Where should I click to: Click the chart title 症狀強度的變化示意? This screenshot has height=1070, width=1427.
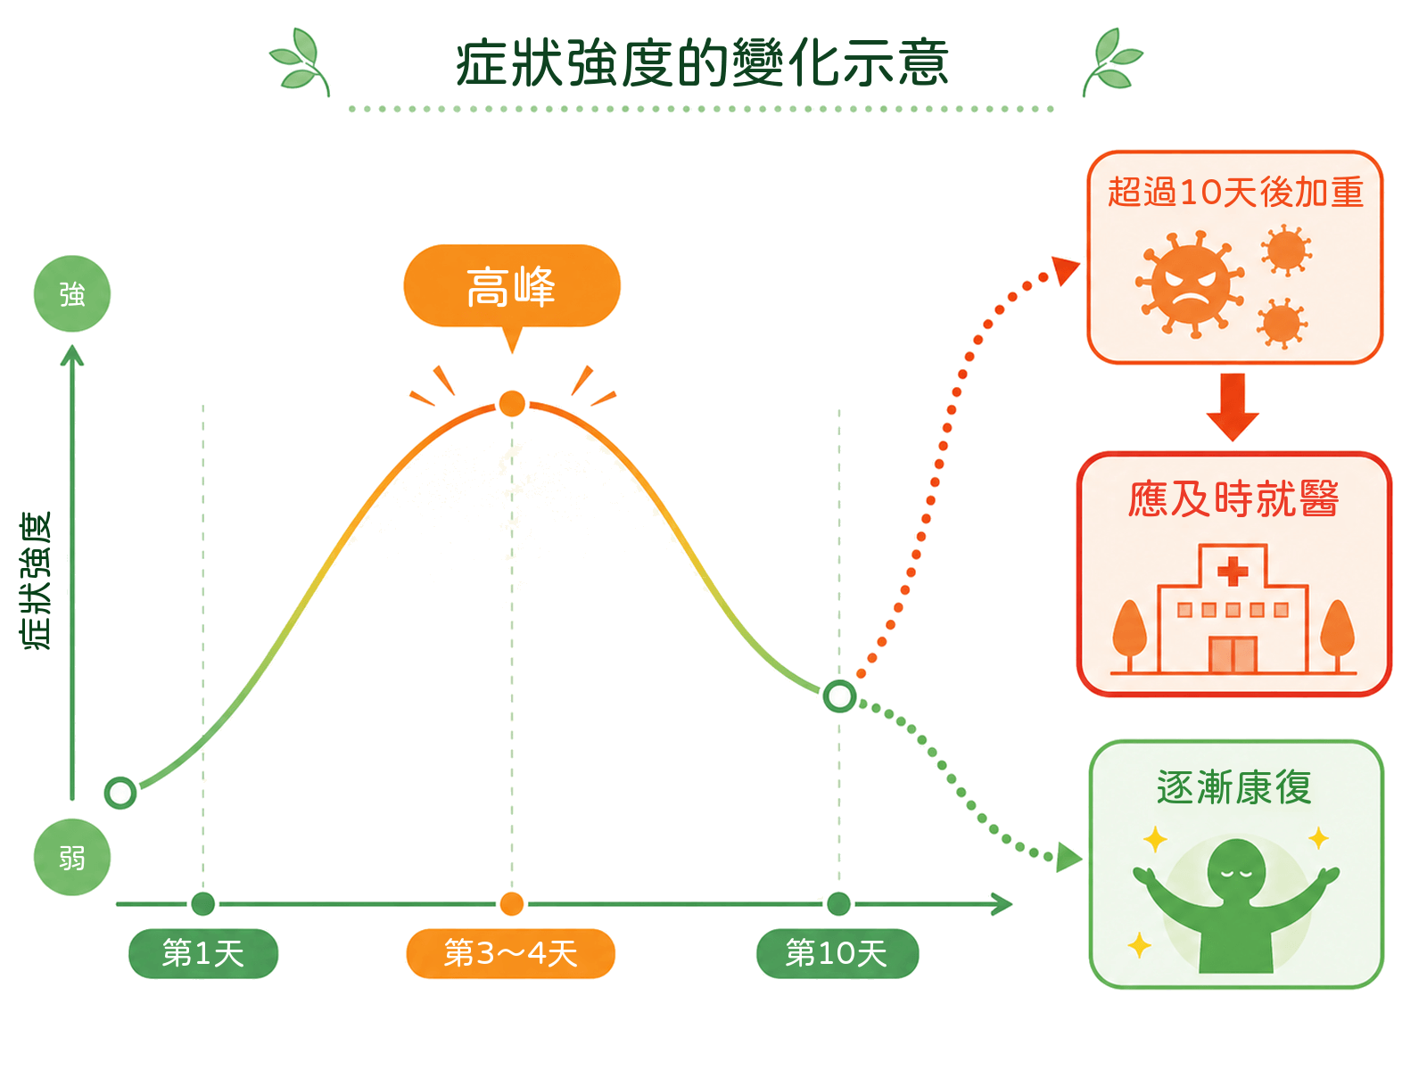tap(702, 63)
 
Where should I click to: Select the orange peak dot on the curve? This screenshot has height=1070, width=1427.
tap(512, 403)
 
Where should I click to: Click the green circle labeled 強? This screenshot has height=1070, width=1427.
tap(72, 293)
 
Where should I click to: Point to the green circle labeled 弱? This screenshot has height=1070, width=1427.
tap(72, 858)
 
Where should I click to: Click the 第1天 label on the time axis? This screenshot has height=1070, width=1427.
tap(202, 954)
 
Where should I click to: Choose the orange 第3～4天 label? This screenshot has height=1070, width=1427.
tap(510, 954)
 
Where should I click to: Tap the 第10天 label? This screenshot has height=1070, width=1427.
tap(837, 954)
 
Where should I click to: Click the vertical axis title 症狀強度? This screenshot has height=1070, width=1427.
tap(36, 580)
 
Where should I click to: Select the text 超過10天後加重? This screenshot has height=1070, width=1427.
tap(1235, 193)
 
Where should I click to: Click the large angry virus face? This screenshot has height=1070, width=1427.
tap(1190, 284)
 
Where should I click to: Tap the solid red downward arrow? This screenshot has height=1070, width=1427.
tap(1233, 407)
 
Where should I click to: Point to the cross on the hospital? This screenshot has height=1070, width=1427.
tap(1233, 572)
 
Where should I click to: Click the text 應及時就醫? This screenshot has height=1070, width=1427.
tap(1234, 499)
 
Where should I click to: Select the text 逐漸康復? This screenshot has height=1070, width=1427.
tap(1234, 787)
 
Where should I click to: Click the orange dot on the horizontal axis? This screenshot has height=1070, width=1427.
tap(512, 903)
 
